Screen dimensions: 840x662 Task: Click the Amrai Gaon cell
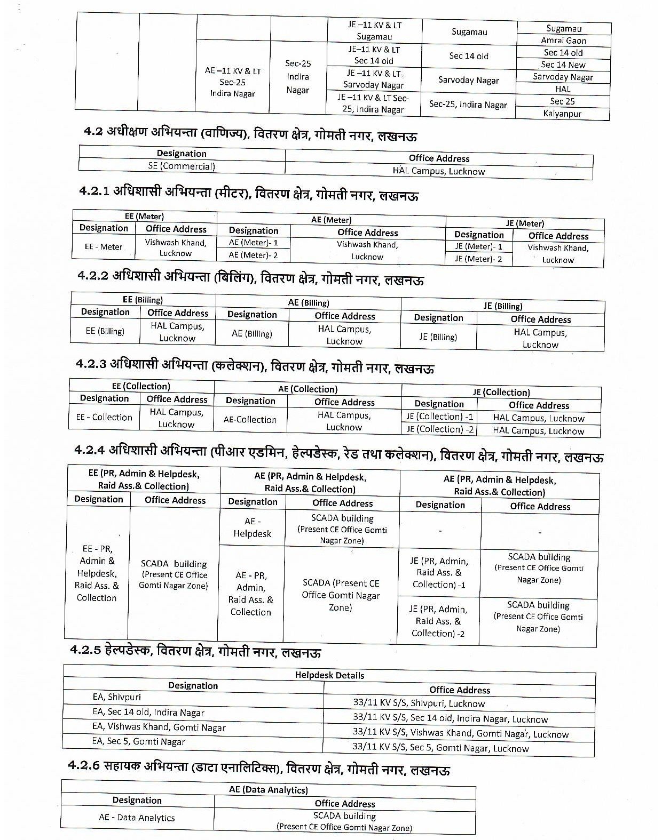pyautogui.click(x=563, y=41)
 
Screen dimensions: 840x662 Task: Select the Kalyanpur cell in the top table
pyautogui.click(x=562, y=114)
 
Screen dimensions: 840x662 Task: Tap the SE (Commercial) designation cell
pyautogui.click(x=182, y=166)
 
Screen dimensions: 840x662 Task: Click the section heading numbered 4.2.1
pyautogui.click(x=248, y=195)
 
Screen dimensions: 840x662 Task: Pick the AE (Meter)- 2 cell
pyautogui.click(x=253, y=255)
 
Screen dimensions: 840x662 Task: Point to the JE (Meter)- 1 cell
pyautogui.click(x=478, y=247)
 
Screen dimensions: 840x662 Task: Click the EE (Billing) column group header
pyautogui.click(x=143, y=300)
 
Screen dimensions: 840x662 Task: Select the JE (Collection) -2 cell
pyautogui.click(x=439, y=429)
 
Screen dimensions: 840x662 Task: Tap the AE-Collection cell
pyautogui.click(x=250, y=420)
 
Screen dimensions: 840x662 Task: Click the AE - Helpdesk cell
pyautogui.click(x=252, y=527)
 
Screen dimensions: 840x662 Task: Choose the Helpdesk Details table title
pyautogui.click(x=329, y=675)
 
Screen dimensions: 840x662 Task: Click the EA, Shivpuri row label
pyautogui.click(x=117, y=697)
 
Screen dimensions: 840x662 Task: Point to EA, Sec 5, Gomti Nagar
pyautogui.click(x=139, y=741)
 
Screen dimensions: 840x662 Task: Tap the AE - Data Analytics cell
pyautogui.click(x=137, y=818)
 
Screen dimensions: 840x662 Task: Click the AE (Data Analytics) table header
pyautogui.click(x=268, y=790)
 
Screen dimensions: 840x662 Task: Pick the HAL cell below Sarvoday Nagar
pyautogui.click(x=563, y=89)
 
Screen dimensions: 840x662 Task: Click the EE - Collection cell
pyautogui.click(x=104, y=417)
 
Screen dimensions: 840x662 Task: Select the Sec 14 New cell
pyautogui.click(x=563, y=65)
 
